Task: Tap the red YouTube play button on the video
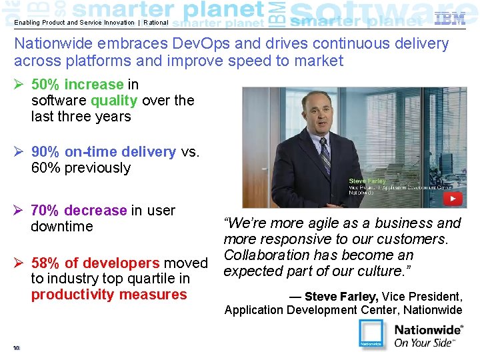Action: coord(453,199)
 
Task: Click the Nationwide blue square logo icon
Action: coord(371,334)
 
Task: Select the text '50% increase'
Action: coord(77,85)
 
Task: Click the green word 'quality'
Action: coord(114,101)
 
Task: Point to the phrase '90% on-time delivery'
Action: coord(103,151)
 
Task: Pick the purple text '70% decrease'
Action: coord(79,211)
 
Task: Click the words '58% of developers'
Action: coord(95,263)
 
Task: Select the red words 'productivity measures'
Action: coord(109,295)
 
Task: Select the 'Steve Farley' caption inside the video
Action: coord(367,181)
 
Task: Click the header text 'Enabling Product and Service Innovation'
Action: coord(74,23)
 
